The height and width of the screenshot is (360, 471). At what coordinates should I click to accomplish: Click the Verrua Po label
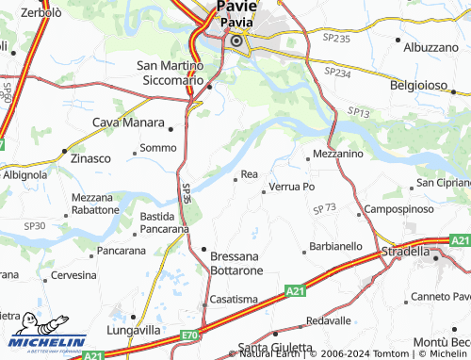coord(292,187)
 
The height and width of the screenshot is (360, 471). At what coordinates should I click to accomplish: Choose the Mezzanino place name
coord(338,153)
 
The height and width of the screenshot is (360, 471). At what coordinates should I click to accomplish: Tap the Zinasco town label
coord(90,159)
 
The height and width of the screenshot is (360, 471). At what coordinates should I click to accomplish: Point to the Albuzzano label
coord(430,46)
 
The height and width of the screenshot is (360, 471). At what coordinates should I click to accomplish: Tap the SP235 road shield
coord(336,39)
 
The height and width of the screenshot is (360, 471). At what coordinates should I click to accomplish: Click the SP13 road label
coord(357,112)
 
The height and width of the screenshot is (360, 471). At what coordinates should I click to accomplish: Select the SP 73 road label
coord(325,207)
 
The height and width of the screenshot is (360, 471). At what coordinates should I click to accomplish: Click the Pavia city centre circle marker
coord(236,41)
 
